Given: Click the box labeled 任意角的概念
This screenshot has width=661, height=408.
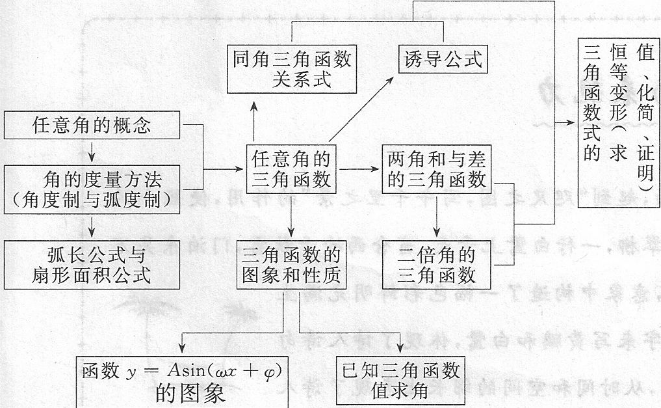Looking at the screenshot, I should (92, 125).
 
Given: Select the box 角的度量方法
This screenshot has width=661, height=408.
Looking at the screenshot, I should (92, 188).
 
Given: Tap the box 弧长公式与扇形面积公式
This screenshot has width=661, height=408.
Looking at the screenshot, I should (92, 264).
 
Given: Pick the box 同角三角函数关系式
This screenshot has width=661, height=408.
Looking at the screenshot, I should (292, 69).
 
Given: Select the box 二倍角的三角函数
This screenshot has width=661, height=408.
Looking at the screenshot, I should (436, 264).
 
